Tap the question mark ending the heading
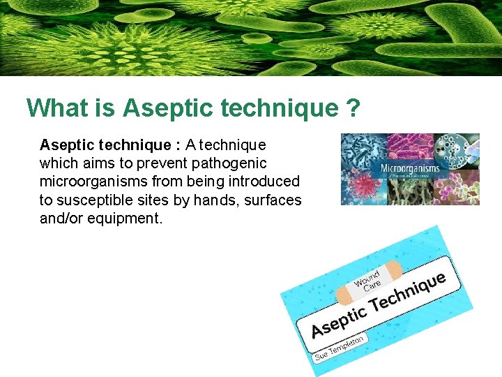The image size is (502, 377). coord(352,108)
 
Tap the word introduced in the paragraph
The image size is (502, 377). coord(260,182)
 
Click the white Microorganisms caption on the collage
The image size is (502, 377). coord(409,169)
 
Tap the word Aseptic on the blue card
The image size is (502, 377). coord(339,320)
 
